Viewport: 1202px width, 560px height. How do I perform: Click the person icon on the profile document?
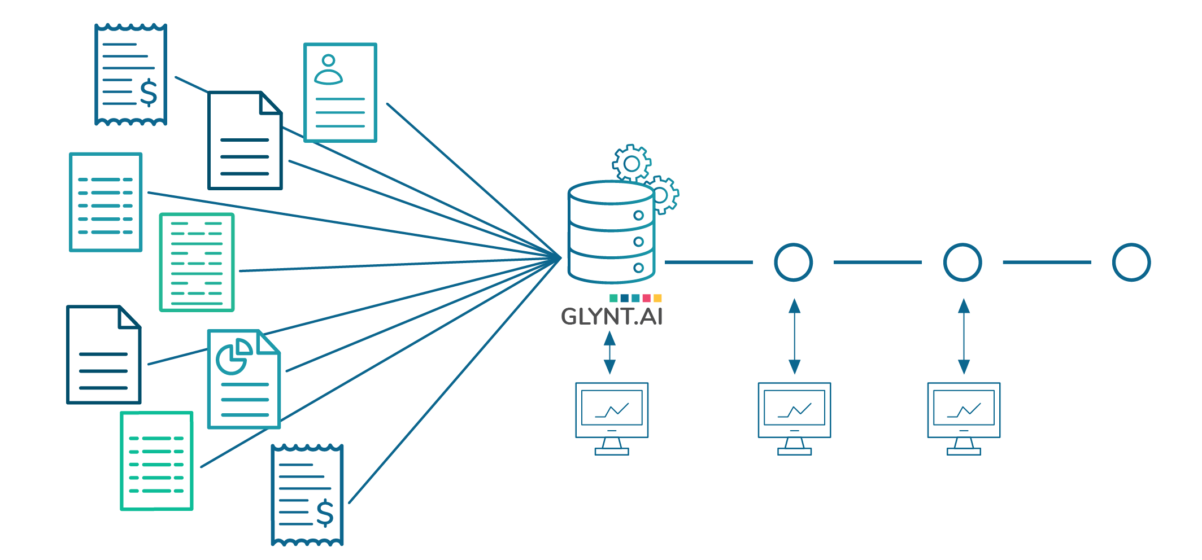coord(328,70)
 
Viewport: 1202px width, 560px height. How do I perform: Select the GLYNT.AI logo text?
coord(612,317)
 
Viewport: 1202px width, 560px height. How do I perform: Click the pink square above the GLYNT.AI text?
coord(647,298)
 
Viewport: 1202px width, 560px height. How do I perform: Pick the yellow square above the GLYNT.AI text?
coord(657,298)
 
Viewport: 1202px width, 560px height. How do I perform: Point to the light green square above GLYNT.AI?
coord(613,298)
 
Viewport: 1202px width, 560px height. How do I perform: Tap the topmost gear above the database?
coord(632,164)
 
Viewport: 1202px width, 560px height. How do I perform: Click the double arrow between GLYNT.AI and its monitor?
coord(609,352)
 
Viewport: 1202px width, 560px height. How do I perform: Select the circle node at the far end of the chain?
coord(1131,262)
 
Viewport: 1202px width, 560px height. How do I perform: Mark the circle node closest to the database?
coord(793,262)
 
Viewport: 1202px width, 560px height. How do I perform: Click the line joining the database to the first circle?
coord(708,262)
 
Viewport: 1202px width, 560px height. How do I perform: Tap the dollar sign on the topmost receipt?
coord(148,93)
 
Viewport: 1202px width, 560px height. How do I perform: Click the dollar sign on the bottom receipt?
coord(325,513)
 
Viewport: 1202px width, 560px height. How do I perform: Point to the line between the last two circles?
coord(1046,262)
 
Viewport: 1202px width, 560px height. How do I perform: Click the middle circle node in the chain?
coord(963,262)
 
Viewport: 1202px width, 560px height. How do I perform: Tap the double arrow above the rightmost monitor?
coord(964,336)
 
